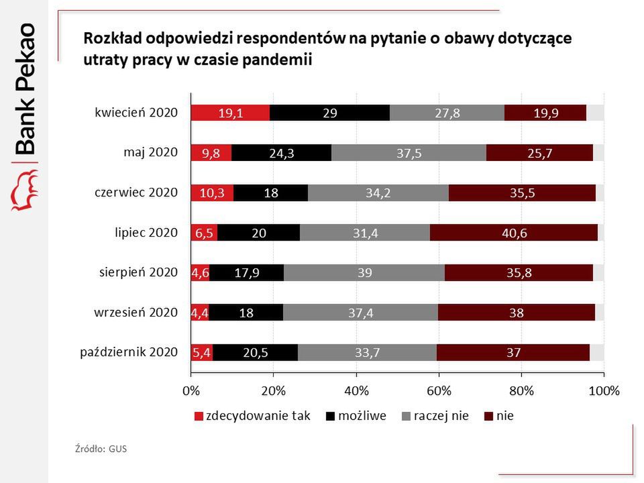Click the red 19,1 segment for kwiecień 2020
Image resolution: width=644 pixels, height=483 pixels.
(x=230, y=113)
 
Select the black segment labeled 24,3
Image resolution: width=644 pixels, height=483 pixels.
(x=282, y=153)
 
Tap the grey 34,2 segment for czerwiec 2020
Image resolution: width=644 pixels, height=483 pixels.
(x=378, y=193)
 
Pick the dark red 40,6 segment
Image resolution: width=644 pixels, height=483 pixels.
(x=513, y=233)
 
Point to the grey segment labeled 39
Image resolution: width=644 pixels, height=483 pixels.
(x=364, y=272)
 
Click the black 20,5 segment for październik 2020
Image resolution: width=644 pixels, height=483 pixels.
(x=256, y=352)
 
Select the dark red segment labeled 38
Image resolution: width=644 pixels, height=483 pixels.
(x=516, y=312)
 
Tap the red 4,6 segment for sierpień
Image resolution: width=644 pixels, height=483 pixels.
(x=200, y=272)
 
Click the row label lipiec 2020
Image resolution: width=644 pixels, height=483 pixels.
(x=146, y=233)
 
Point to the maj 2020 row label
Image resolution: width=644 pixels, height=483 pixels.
(x=150, y=153)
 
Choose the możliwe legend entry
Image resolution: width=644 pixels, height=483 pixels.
(x=362, y=416)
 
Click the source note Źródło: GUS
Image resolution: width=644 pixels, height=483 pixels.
(x=101, y=449)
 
